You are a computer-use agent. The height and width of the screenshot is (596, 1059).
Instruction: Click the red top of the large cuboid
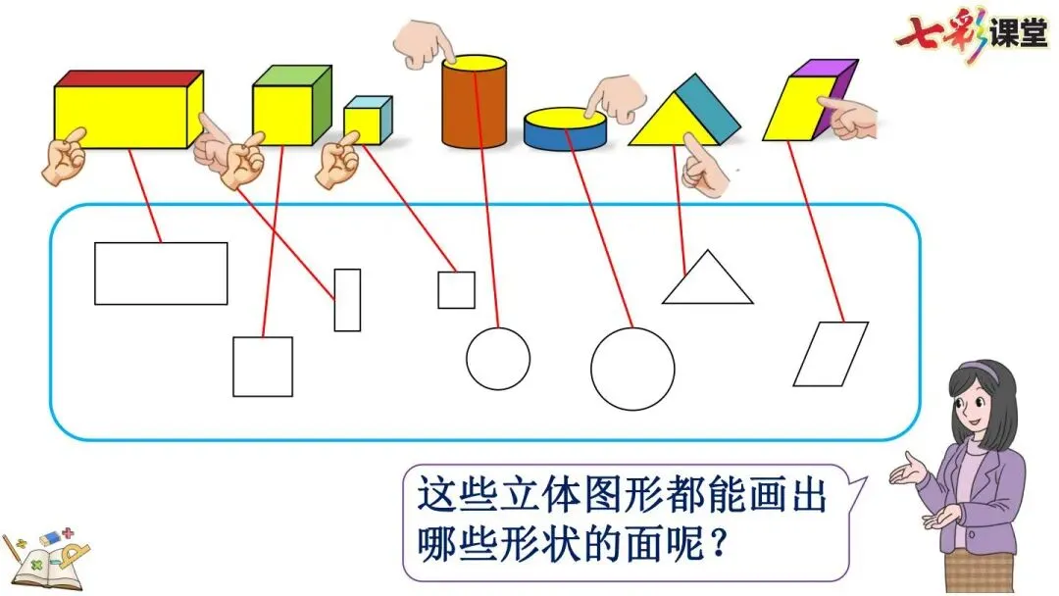127,77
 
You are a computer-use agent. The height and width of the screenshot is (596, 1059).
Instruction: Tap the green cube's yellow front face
281,115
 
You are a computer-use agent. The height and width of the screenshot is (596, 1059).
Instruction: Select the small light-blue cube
367,121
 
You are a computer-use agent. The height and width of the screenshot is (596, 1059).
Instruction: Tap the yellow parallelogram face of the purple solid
792,109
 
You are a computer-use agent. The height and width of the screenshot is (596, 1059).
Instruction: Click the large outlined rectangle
161,273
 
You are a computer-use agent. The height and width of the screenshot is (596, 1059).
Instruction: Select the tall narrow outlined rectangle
347,300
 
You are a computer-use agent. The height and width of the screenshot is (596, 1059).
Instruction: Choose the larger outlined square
263,367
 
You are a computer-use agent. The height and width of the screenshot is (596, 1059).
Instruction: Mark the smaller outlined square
456,290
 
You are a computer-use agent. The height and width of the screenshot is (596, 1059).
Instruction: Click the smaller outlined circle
497,359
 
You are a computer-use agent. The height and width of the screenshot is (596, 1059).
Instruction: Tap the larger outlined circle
632,369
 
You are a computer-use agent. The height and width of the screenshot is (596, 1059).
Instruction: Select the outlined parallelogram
831,354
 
